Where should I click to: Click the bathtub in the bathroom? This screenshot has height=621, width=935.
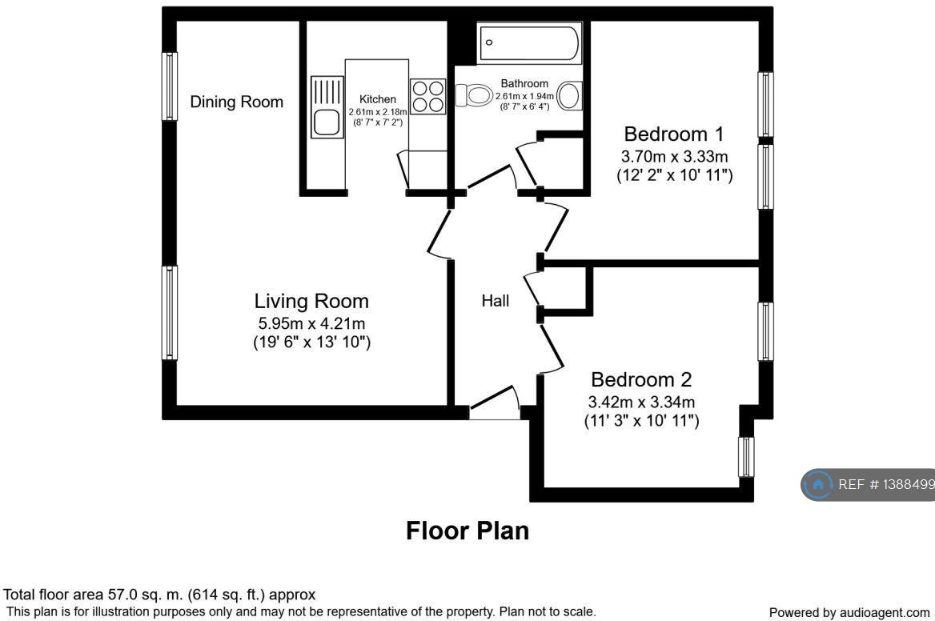tap(529, 43)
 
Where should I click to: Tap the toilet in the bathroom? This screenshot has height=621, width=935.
tap(474, 96)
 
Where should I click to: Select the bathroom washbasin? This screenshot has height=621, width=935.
tap(569, 96)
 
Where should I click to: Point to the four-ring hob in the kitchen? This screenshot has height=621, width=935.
tap(427, 96)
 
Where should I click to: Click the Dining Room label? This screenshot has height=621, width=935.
tap(236, 102)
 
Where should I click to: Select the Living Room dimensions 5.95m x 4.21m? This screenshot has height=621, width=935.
tap(311, 324)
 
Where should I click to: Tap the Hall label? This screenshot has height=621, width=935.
tap(496, 301)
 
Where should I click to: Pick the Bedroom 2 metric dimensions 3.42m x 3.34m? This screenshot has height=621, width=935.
tap(641, 402)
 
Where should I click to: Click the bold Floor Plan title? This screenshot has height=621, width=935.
tap(467, 531)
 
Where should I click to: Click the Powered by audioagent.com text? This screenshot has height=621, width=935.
tap(849, 612)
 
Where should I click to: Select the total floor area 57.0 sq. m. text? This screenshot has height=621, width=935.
tap(160, 595)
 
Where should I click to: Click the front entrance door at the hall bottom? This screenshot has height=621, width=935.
tap(494, 404)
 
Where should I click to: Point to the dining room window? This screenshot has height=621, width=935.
tap(169, 86)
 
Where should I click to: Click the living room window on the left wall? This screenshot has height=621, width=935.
tap(169, 313)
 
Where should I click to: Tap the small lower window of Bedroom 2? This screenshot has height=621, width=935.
tap(746, 457)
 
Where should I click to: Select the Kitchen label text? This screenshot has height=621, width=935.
tap(377, 99)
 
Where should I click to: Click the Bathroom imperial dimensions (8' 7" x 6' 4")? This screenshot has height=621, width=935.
tap(524, 107)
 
